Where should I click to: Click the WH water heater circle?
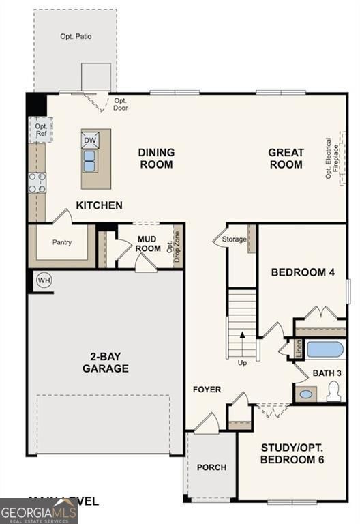(x=44, y=280)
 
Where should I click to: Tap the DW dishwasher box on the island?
(x=90, y=141)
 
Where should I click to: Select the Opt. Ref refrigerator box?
(x=40, y=129)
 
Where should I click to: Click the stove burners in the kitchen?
(x=37, y=182)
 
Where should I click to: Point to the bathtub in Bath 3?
(x=325, y=350)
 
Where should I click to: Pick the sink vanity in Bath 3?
(x=306, y=394)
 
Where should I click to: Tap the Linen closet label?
(x=298, y=349)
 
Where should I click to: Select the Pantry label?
(x=62, y=242)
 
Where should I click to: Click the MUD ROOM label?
(x=148, y=244)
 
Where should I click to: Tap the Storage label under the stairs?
(x=234, y=239)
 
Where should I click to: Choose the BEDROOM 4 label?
(x=303, y=272)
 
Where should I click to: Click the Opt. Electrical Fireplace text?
(x=331, y=159)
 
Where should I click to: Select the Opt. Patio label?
(x=76, y=36)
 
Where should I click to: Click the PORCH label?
(x=211, y=467)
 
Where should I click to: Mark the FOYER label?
(x=207, y=390)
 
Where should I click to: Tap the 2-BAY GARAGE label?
(x=106, y=362)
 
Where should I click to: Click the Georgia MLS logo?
(x=39, y=511)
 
